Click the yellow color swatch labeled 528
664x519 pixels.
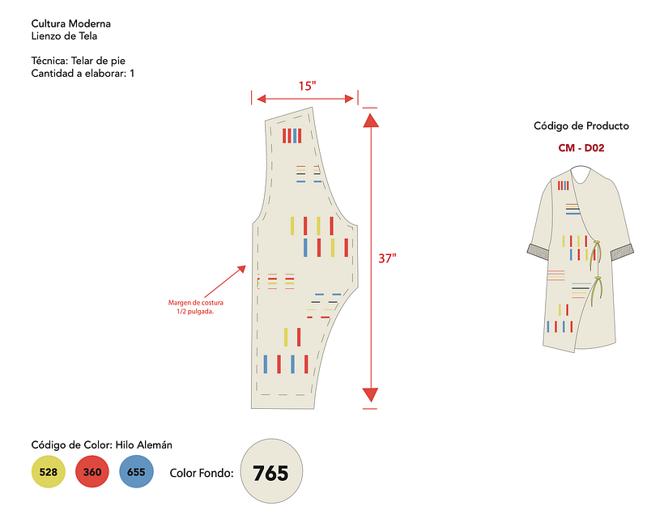(x=48, y=472)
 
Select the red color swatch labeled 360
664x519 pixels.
(x=92, y=472)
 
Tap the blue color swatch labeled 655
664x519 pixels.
(x=136, y=472)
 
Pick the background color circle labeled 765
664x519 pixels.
(x=270, y=473)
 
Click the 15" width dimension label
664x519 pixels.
(x=305, y=86)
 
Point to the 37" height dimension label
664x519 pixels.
(x=388, y=258)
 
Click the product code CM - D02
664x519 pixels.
(x=581, y=148)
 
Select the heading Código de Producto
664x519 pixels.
(x=581, y=126)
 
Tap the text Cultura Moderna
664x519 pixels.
(x=71, y=23)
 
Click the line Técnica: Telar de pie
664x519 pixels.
(x=78, y=61)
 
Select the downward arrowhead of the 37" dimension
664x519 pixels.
(x=370, y=395)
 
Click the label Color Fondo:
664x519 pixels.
(x=202, y=473)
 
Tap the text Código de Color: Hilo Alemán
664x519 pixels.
(x=101, y=445)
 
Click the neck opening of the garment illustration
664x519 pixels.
(x=580, y=172)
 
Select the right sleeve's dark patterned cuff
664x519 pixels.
(x=621, y=250)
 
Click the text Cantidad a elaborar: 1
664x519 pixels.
(x=83, y=74)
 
